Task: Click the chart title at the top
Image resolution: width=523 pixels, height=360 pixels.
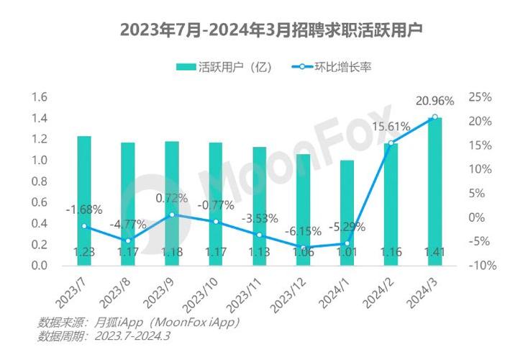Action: (x=261, y=30)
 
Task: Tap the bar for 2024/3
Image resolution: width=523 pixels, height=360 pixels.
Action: (x=435, y=191)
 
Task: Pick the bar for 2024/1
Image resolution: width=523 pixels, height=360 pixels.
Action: (x=347, y=212)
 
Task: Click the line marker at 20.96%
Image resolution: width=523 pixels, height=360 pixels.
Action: (x=435, y=117)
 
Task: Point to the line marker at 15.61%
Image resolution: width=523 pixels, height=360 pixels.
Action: (x=391, y=143)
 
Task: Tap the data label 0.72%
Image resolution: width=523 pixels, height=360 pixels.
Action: (x=172, y=197)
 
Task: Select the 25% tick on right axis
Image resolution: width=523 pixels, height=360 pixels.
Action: (x=479, y=97)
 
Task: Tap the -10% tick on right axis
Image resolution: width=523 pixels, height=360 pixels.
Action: (x=479, y=266)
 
